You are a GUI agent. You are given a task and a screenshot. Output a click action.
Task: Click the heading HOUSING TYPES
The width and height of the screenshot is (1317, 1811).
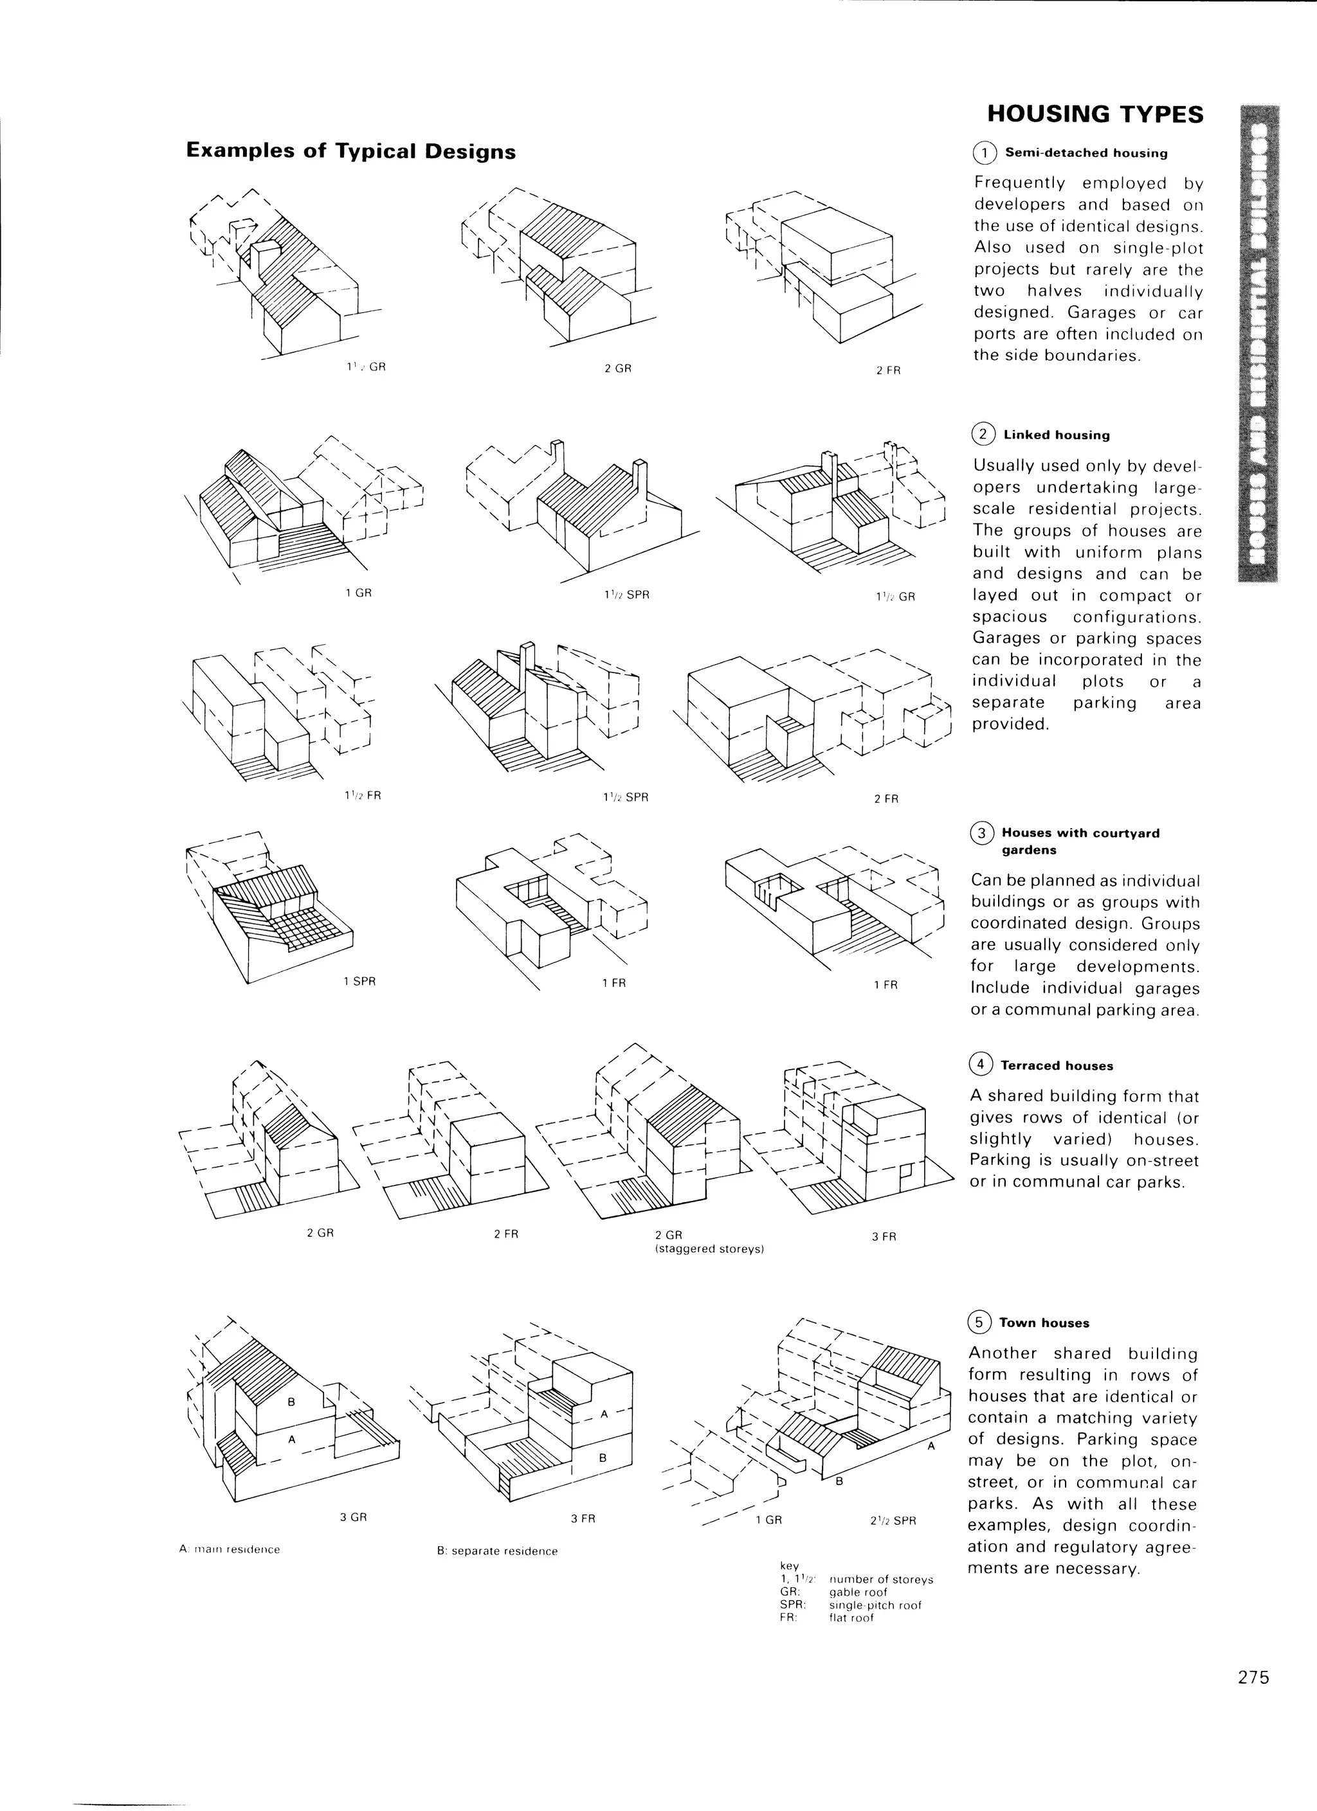(1095, 114)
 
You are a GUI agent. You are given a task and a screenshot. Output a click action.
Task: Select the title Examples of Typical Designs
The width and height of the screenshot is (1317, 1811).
(350, 151)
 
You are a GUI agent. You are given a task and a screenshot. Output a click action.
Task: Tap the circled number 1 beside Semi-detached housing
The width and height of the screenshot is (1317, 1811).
(985, 152)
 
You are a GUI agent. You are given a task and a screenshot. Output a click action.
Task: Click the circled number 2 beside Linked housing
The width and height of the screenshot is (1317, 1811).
(983, 435)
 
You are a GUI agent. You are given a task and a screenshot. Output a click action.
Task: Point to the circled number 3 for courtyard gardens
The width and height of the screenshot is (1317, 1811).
(981, 833)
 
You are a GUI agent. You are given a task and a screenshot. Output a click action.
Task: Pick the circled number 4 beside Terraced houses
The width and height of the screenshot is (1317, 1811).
(979, 1065)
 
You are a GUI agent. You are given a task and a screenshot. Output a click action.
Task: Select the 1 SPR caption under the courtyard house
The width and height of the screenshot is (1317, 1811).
(359, 981)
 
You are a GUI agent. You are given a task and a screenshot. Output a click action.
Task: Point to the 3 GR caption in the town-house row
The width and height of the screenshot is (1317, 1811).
(353, 1517)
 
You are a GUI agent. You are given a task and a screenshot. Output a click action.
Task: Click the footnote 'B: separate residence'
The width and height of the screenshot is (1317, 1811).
(497, 1551)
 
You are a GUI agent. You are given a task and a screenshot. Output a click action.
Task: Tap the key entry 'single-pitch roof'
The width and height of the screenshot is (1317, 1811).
(875, 1605)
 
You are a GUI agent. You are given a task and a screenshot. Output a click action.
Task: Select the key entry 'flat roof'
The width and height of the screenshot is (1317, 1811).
(851, 1617)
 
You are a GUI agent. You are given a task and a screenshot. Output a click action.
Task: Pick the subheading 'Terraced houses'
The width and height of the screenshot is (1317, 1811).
(1057, 1066)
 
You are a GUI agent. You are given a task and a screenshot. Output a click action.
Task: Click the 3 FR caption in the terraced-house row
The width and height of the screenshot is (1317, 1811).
(884, 1237)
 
